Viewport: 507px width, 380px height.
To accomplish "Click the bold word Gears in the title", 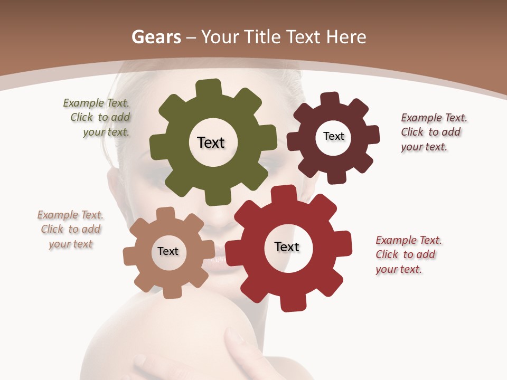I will click(156, 37).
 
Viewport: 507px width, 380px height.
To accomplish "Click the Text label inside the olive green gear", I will click(211, 142).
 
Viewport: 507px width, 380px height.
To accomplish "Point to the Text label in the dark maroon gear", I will click(333, 136).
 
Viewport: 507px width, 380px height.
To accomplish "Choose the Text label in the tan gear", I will click(167, 251).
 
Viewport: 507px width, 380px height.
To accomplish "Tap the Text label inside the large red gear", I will click(287, 247).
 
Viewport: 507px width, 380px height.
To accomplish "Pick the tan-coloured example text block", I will click(71, 230).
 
